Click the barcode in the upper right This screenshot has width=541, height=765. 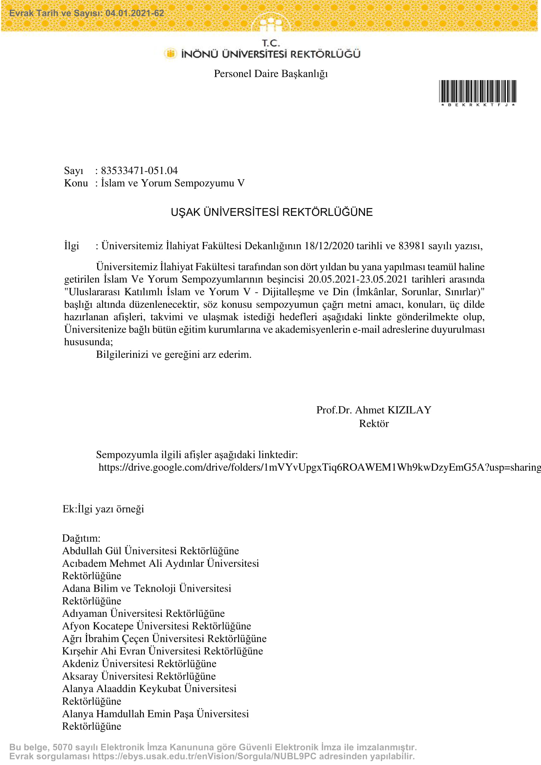pos(477,91)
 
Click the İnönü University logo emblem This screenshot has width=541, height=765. pos(170,53)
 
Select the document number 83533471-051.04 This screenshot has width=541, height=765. pos(139,171)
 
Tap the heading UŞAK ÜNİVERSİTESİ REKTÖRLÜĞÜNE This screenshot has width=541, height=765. pos(271,212)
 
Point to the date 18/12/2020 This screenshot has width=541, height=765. pos(329,246)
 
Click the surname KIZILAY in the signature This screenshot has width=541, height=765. pos(410,410)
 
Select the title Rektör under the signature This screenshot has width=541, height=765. pos(374,424)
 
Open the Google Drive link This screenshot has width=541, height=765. pos(319,467)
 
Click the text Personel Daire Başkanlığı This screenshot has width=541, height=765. pos(270,74)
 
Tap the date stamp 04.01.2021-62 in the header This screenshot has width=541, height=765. pos(134,13)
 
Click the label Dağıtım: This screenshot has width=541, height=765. pos(81,538)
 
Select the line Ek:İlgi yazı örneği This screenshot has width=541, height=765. pos(103,509)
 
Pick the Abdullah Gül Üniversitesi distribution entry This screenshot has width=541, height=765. pos(150,551)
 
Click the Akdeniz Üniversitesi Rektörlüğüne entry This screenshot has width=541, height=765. pos(139,663)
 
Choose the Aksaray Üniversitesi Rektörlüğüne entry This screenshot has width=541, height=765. pos(139,676)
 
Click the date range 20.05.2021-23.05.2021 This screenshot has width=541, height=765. pos(358,279)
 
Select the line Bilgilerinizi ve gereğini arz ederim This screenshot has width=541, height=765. pos(174,354)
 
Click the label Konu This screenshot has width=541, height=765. pos(76,183)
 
